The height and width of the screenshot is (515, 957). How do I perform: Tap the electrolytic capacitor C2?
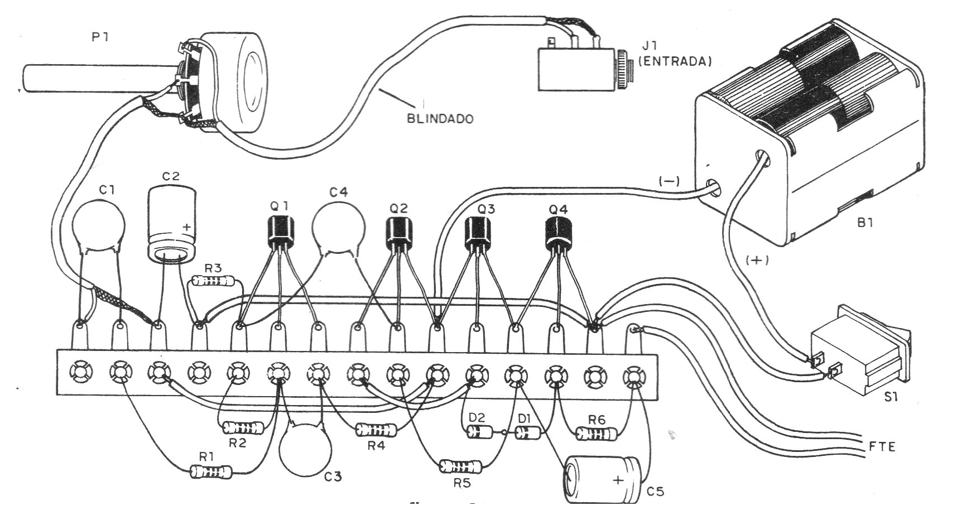[x=172, y=223]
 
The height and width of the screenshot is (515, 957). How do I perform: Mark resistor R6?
[x=597, y=433]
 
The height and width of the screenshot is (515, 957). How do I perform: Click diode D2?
[x=480, y=431]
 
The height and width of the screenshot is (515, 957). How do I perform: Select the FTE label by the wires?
[x=882, y=446]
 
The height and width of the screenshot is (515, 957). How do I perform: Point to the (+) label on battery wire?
[x=757, y=260]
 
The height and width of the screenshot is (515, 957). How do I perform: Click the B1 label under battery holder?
[x=864, y=223]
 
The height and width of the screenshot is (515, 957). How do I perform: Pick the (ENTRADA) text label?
[x=675, y=61]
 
